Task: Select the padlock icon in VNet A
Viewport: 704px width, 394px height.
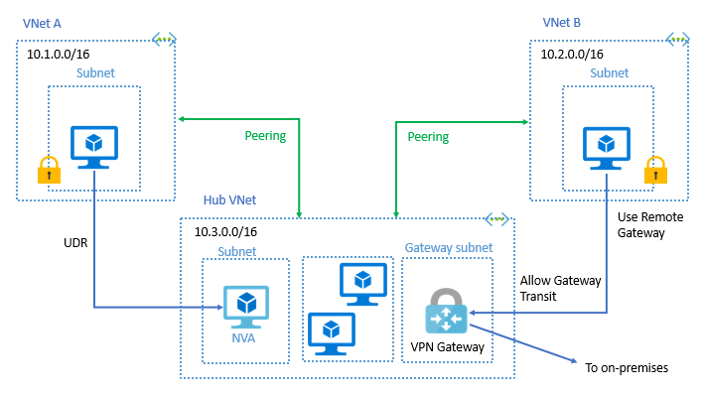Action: pos(49,170)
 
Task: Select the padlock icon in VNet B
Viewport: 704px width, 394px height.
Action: pos(655,170)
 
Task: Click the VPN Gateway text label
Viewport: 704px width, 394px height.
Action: pos(447,347)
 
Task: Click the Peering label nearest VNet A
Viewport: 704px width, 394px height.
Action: pos(265,136)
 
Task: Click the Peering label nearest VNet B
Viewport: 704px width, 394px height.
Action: pos(428,136)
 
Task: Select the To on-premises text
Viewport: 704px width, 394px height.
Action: pos(627,368)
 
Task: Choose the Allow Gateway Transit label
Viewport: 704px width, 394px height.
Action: pos(560,288)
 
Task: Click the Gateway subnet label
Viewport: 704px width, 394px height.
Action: pos(447,246)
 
